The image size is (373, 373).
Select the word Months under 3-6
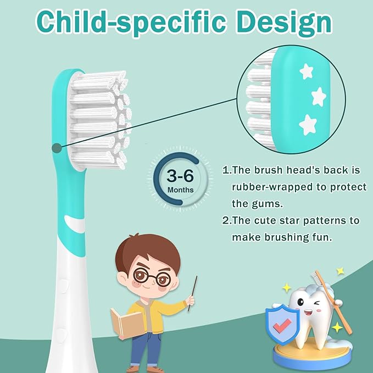point(180,190)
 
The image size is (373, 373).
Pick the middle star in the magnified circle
point(319,97)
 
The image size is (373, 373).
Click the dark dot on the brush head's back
point(56,147)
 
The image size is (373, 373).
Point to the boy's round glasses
point(149,277)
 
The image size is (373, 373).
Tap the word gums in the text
point(272,204)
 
